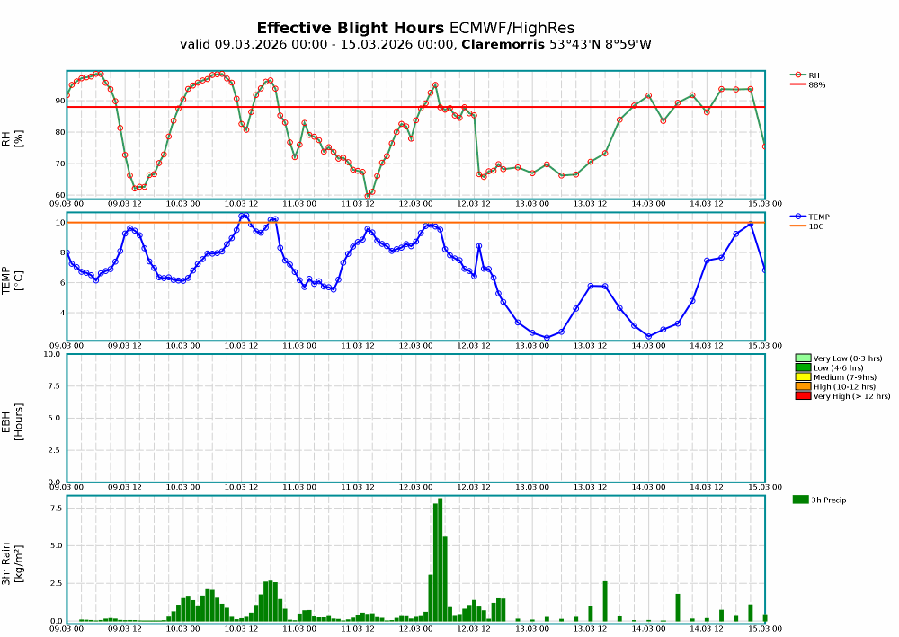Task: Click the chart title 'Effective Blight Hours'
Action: pyautogui.click(x=350, y=28)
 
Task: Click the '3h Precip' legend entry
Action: pyautogui.click(x=827, y=500)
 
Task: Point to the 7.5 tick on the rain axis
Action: pyautogui.click(x=55, y=508)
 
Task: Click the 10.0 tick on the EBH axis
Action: pyautogui.click(x=52, y=354)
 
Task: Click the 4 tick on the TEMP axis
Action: pyautogui.click(x=60, y=313)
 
